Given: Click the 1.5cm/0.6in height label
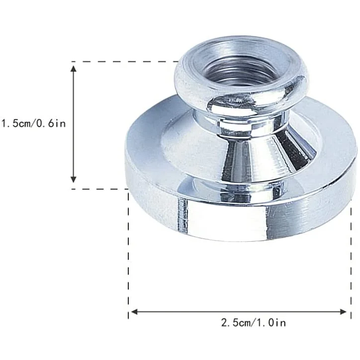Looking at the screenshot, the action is coord(33,123).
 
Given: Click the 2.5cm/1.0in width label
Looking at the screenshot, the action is coord(254,323).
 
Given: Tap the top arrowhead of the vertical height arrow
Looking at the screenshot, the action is coord(74,69).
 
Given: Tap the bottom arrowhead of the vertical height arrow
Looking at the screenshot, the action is coord(74,180).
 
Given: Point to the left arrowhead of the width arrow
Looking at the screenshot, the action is coord(134,312).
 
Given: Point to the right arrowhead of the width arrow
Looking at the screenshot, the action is coord(343,312).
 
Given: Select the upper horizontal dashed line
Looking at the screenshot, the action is coord(125,62).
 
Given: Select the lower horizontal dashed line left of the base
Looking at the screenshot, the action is coord(99,189).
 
